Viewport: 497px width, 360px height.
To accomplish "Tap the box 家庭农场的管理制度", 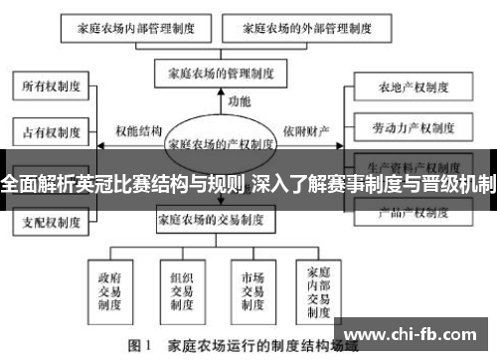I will pos(221,73).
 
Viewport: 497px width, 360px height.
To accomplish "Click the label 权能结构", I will pos(138,130).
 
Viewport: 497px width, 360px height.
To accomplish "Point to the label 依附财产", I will pos(304,130).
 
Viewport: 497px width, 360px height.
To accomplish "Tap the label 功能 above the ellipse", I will pos(240,101).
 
